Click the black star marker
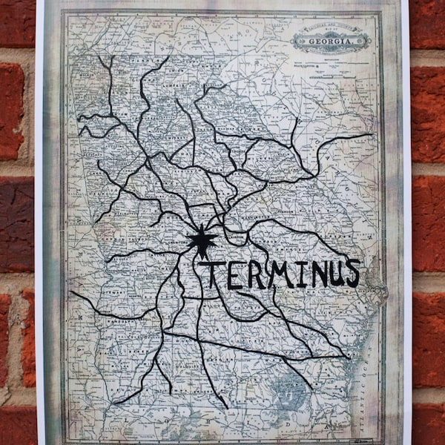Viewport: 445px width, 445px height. click(x=200, y=240)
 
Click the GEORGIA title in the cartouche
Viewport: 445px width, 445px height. click(x=330, y=41)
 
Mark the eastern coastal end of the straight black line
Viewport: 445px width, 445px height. click(x=349, y=357)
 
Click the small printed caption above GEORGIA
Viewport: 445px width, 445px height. click(x=330, y=30)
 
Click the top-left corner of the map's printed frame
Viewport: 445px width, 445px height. click(x=65, y=13)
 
